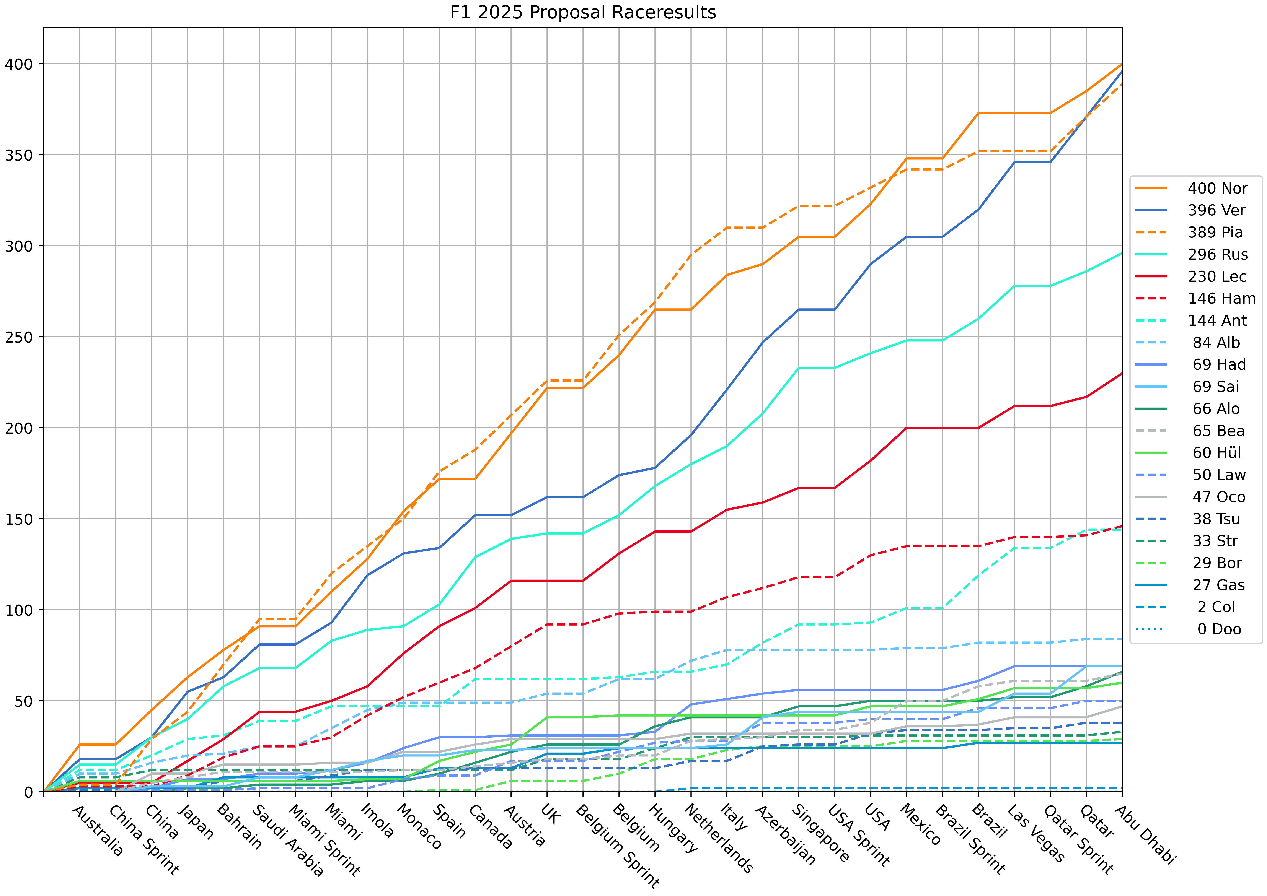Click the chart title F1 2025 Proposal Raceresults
coord(583,12)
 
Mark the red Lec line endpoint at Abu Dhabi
coord(1122,374)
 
